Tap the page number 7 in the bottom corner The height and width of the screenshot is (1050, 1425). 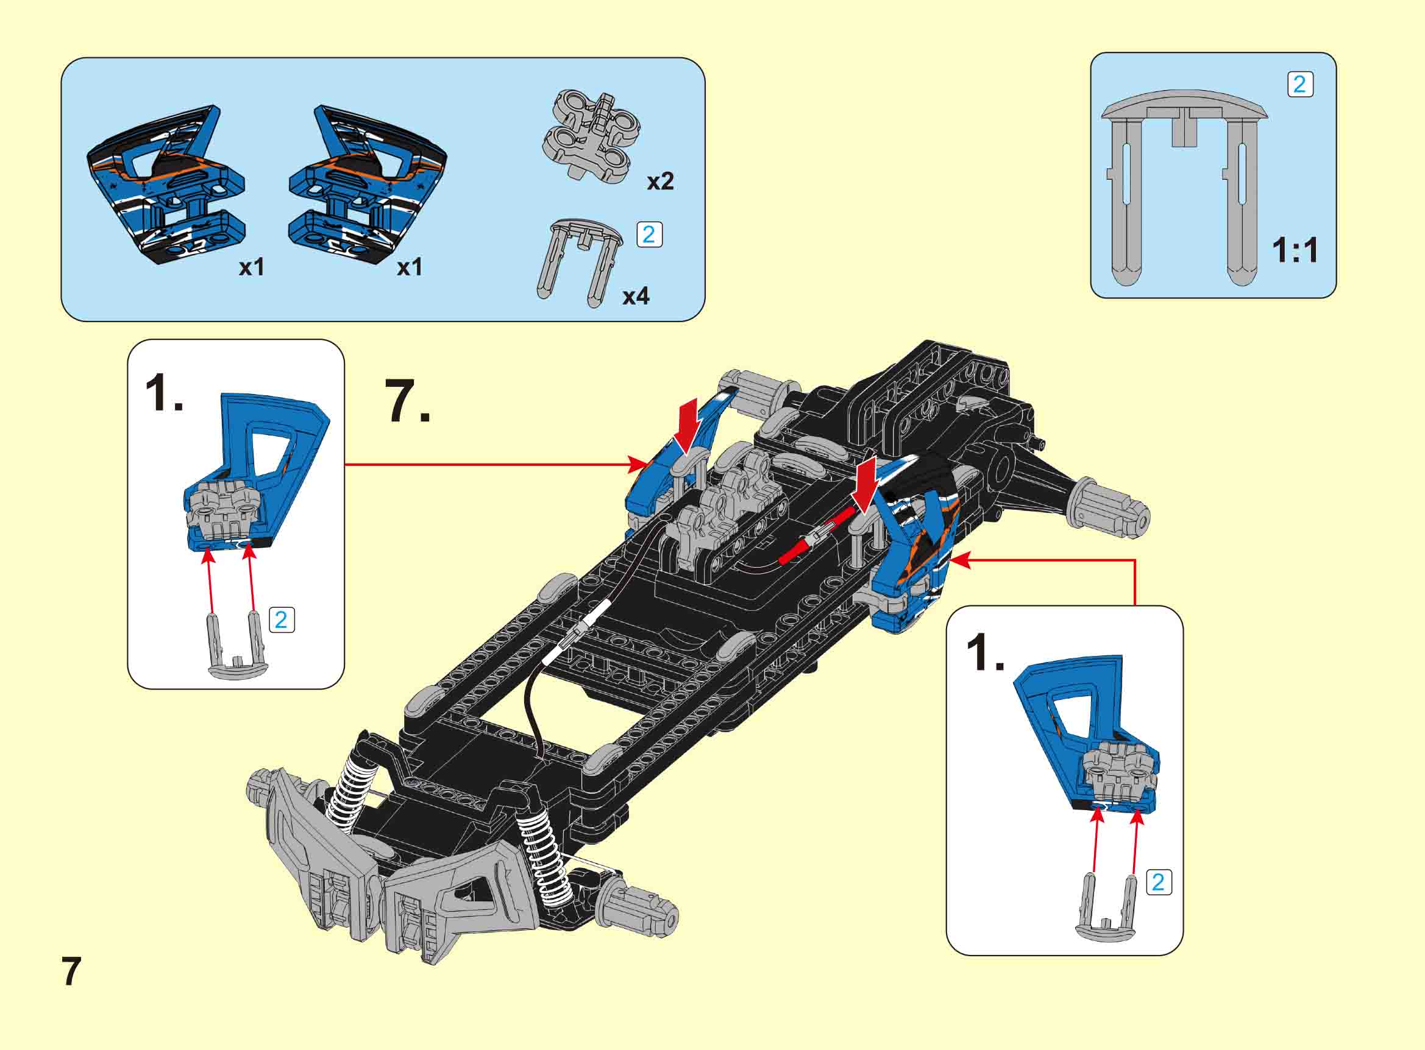pos(71,971)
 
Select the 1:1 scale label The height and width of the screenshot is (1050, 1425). pos(1295,250)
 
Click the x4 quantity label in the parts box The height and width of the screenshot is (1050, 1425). pos(636,296)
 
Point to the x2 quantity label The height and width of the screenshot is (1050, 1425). pos(660,181)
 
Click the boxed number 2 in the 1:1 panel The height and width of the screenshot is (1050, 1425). pos(1299,85)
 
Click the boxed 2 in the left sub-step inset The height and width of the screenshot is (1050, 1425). pos(282,619)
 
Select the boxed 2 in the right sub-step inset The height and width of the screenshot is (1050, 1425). pos(1158,882)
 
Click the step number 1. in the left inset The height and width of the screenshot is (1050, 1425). pos(164,393)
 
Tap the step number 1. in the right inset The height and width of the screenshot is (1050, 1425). pos(985,654)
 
